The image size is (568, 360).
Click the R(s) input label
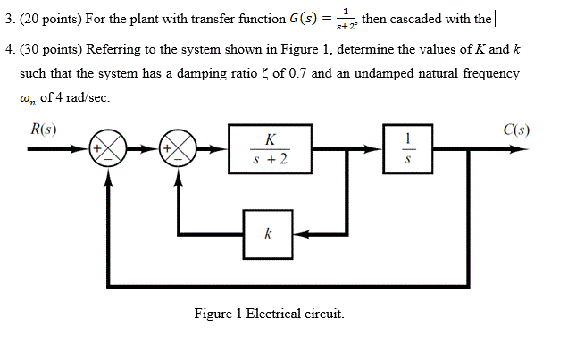click(x=44, y=130)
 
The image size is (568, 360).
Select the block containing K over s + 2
click(x=270, y=149)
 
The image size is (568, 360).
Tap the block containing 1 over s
click(x=407, y=149)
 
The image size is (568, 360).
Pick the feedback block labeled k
click(x=268, y=234)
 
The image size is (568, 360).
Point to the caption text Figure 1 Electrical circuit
click(x=269, y=314)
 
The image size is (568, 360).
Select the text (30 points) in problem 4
click(x=49, y=50)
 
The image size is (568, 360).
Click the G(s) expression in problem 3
click(x=302, y=18)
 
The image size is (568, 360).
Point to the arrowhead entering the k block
click(x=299, y=234)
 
